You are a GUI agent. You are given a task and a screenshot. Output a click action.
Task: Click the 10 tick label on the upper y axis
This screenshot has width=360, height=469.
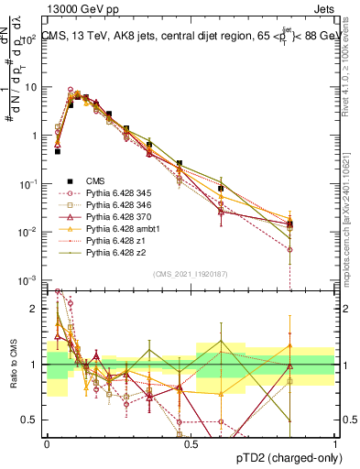point(30,87)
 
